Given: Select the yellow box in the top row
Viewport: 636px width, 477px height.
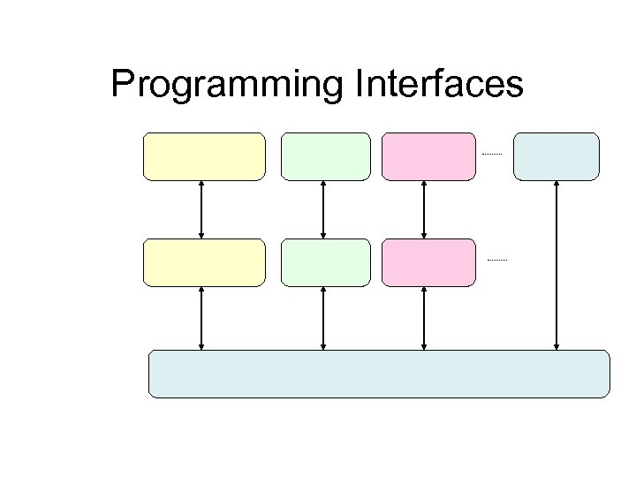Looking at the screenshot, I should [204, 156].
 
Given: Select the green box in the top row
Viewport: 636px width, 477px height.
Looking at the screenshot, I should [325, 156].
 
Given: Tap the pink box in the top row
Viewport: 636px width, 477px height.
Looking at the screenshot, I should [428, 156].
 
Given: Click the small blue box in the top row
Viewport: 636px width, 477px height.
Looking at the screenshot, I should [556, 156].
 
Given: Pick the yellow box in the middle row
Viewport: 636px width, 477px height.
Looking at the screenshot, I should [204, 262].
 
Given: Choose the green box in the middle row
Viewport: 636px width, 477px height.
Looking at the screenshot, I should [325, 262].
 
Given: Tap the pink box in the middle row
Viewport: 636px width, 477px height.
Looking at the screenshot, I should [428, 262].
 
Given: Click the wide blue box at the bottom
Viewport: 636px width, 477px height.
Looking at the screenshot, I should [379, 374].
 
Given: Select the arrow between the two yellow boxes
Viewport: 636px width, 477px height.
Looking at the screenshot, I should [202, 209].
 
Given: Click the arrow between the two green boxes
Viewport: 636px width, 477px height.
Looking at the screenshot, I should [323, 209].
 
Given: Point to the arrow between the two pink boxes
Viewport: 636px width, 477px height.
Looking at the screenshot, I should [425, 209].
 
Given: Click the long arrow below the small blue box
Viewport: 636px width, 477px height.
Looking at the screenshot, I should [556, 265].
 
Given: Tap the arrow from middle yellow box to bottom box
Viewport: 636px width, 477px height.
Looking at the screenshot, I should [202, 318].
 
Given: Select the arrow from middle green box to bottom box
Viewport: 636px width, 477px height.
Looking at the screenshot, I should [323, 318].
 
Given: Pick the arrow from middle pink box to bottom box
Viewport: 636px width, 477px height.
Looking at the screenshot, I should [425, 318].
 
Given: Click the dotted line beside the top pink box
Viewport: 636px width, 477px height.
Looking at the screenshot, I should [491, 155].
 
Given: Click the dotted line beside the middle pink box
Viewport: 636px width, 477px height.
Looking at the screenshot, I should [497, 261].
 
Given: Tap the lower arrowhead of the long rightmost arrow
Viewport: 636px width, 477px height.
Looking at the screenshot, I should [556, 345].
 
